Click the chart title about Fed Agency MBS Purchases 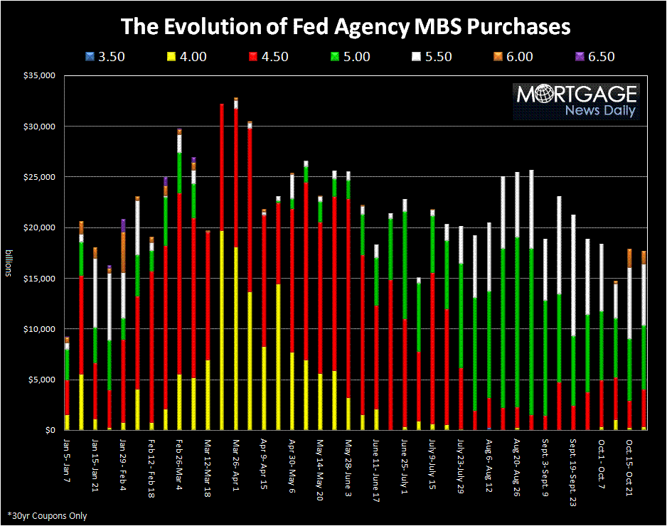pyautogui.click(x=346, y=26)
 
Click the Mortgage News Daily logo pyautogui.click(x=577, y=101)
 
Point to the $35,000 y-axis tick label pyautogui.click(x=38, y=75)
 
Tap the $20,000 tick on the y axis pyautogui.click(x=38, y=227)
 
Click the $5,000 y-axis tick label pyautogui.click(x=41, y=380)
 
